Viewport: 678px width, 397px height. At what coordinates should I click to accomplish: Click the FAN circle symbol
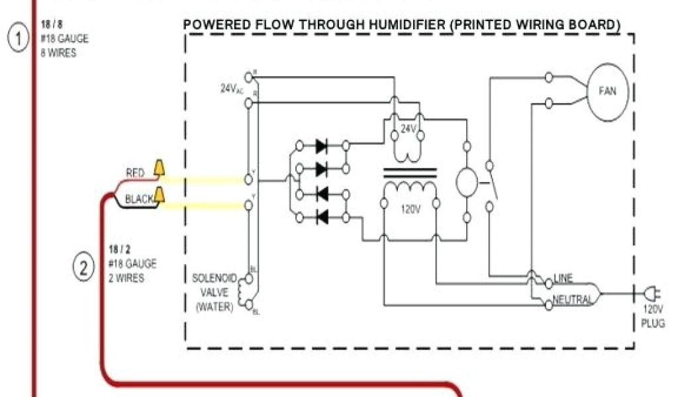(607, 91)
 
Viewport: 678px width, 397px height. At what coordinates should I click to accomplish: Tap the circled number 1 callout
(18, 38)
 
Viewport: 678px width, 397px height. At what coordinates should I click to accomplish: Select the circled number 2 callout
(83, 269)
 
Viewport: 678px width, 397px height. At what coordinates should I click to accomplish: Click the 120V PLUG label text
(653, 316)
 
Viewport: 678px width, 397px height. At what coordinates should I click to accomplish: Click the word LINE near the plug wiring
(563, 277)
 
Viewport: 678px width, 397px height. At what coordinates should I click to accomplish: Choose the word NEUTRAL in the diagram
(572, 300)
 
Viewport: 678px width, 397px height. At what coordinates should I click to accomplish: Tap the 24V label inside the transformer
(409, 129)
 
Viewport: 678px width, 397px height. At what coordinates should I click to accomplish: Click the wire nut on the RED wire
(160, 169)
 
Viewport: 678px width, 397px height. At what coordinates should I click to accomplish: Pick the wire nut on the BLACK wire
(160, 195)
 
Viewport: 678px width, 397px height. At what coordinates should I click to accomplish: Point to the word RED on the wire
(135, 173)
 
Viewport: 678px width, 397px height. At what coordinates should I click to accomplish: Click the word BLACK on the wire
(139, 198)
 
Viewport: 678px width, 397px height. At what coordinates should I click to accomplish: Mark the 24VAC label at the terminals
(231, 88)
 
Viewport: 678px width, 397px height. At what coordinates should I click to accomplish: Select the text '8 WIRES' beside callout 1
(58, 54)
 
